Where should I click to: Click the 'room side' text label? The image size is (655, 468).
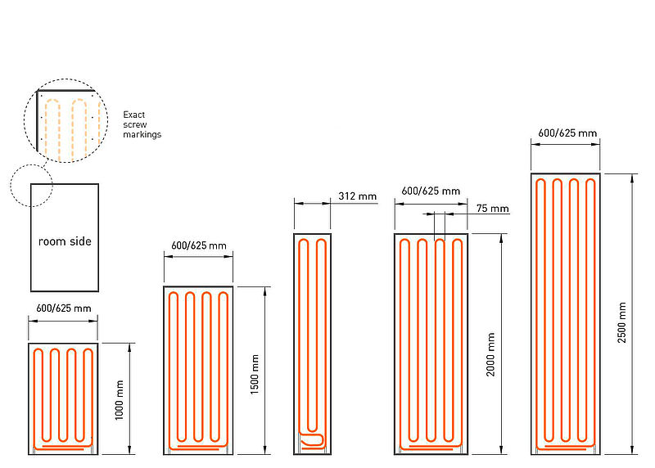[x=65, y=241]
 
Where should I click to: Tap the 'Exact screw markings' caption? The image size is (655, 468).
[x=142, y=124]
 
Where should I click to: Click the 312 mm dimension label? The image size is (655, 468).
[x=356, y=196]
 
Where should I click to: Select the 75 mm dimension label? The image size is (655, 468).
[x=492, y=209]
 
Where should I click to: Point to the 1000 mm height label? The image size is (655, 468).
[x=120, y=399]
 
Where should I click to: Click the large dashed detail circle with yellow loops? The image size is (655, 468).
[x=65, y=118]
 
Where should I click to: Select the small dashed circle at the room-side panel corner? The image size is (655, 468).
[x=30, y=185]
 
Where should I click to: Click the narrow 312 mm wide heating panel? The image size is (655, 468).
[x=312, y=344]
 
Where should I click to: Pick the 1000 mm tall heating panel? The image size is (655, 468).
[x=63, y=398]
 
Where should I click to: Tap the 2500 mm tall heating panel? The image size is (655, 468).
[x=565, y=313]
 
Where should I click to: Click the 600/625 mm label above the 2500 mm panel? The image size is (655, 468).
[x=567, y=133]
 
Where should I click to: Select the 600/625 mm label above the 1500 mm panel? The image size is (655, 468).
[x=200, y=245]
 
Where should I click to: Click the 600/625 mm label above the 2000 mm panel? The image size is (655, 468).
[x=431, y=191]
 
